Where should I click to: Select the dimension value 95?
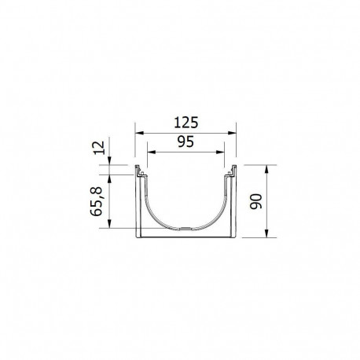click(186, 143)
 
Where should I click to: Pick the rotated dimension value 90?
click(254, 202)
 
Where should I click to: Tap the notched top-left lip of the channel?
click(141, 172)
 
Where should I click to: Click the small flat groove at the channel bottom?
click(186, 229)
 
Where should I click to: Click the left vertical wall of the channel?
click(141, 204)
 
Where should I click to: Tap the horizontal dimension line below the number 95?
click(186, 152)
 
